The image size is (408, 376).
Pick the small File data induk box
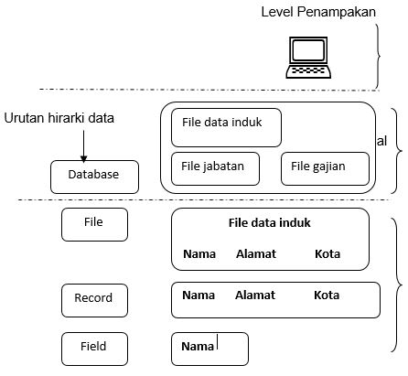[x=226, y=127]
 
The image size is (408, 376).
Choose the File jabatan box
[x=215, y=167]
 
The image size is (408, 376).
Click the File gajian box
[x=325, y=167]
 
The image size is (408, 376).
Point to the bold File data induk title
[x=269, y=222]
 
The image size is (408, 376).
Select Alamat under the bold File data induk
[x=255, y=253]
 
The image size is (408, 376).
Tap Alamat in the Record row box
[x=254, y=295]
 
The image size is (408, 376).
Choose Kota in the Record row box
[x=326, y=295]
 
